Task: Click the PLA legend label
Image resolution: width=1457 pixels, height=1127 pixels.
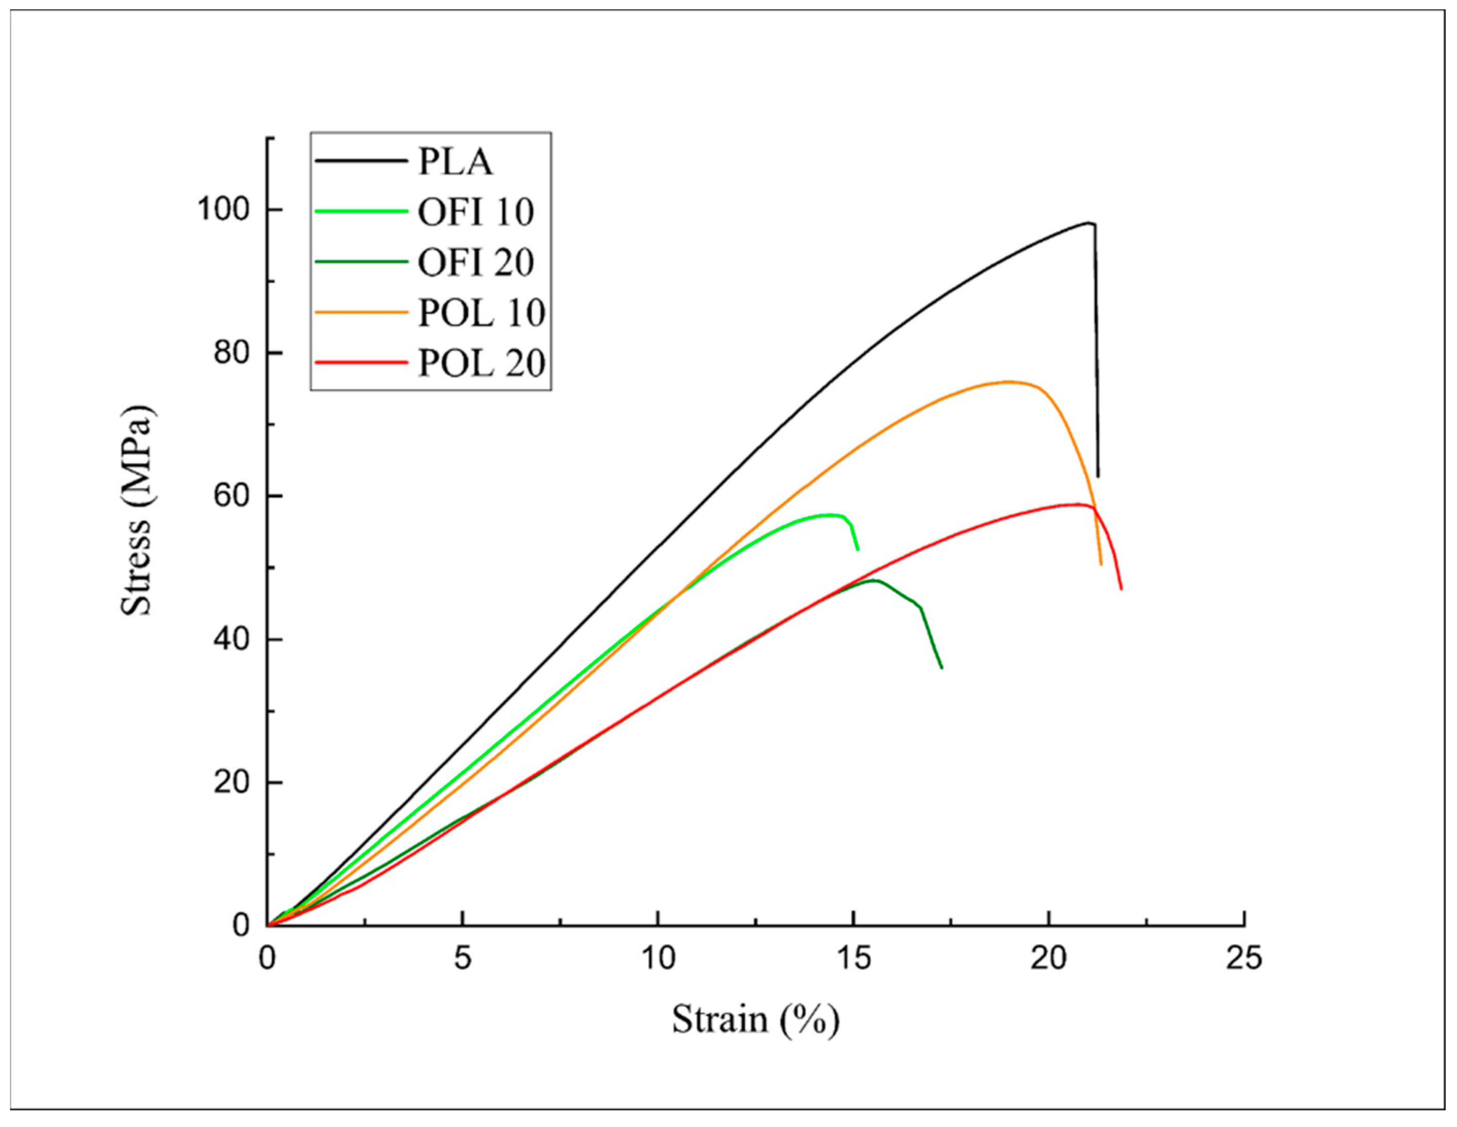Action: [455, 162]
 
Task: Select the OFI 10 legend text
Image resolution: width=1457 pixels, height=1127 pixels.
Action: [476, 212]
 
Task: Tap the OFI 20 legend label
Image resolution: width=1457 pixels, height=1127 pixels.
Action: [476, 262]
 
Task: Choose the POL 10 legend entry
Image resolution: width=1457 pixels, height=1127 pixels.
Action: [481, 312]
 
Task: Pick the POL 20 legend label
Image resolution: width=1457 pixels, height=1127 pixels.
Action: [481, 363]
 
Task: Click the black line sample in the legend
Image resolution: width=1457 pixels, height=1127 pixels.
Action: [361, 161]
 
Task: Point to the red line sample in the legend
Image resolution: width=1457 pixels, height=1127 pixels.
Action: [361, 363]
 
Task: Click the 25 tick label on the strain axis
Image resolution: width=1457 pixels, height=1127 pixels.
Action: [1244, 959]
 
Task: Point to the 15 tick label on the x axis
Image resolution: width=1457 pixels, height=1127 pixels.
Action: [853, 959]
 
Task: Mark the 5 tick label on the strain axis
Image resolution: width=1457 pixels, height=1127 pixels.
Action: [462, 959]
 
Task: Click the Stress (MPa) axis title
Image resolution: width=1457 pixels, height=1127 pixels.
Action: [137, 510]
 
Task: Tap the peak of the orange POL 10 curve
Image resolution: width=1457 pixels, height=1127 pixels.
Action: [1008, 382]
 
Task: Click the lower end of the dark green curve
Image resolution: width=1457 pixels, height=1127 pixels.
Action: [941, 667]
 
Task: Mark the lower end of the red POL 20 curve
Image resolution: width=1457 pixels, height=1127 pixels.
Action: [1121, 589]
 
